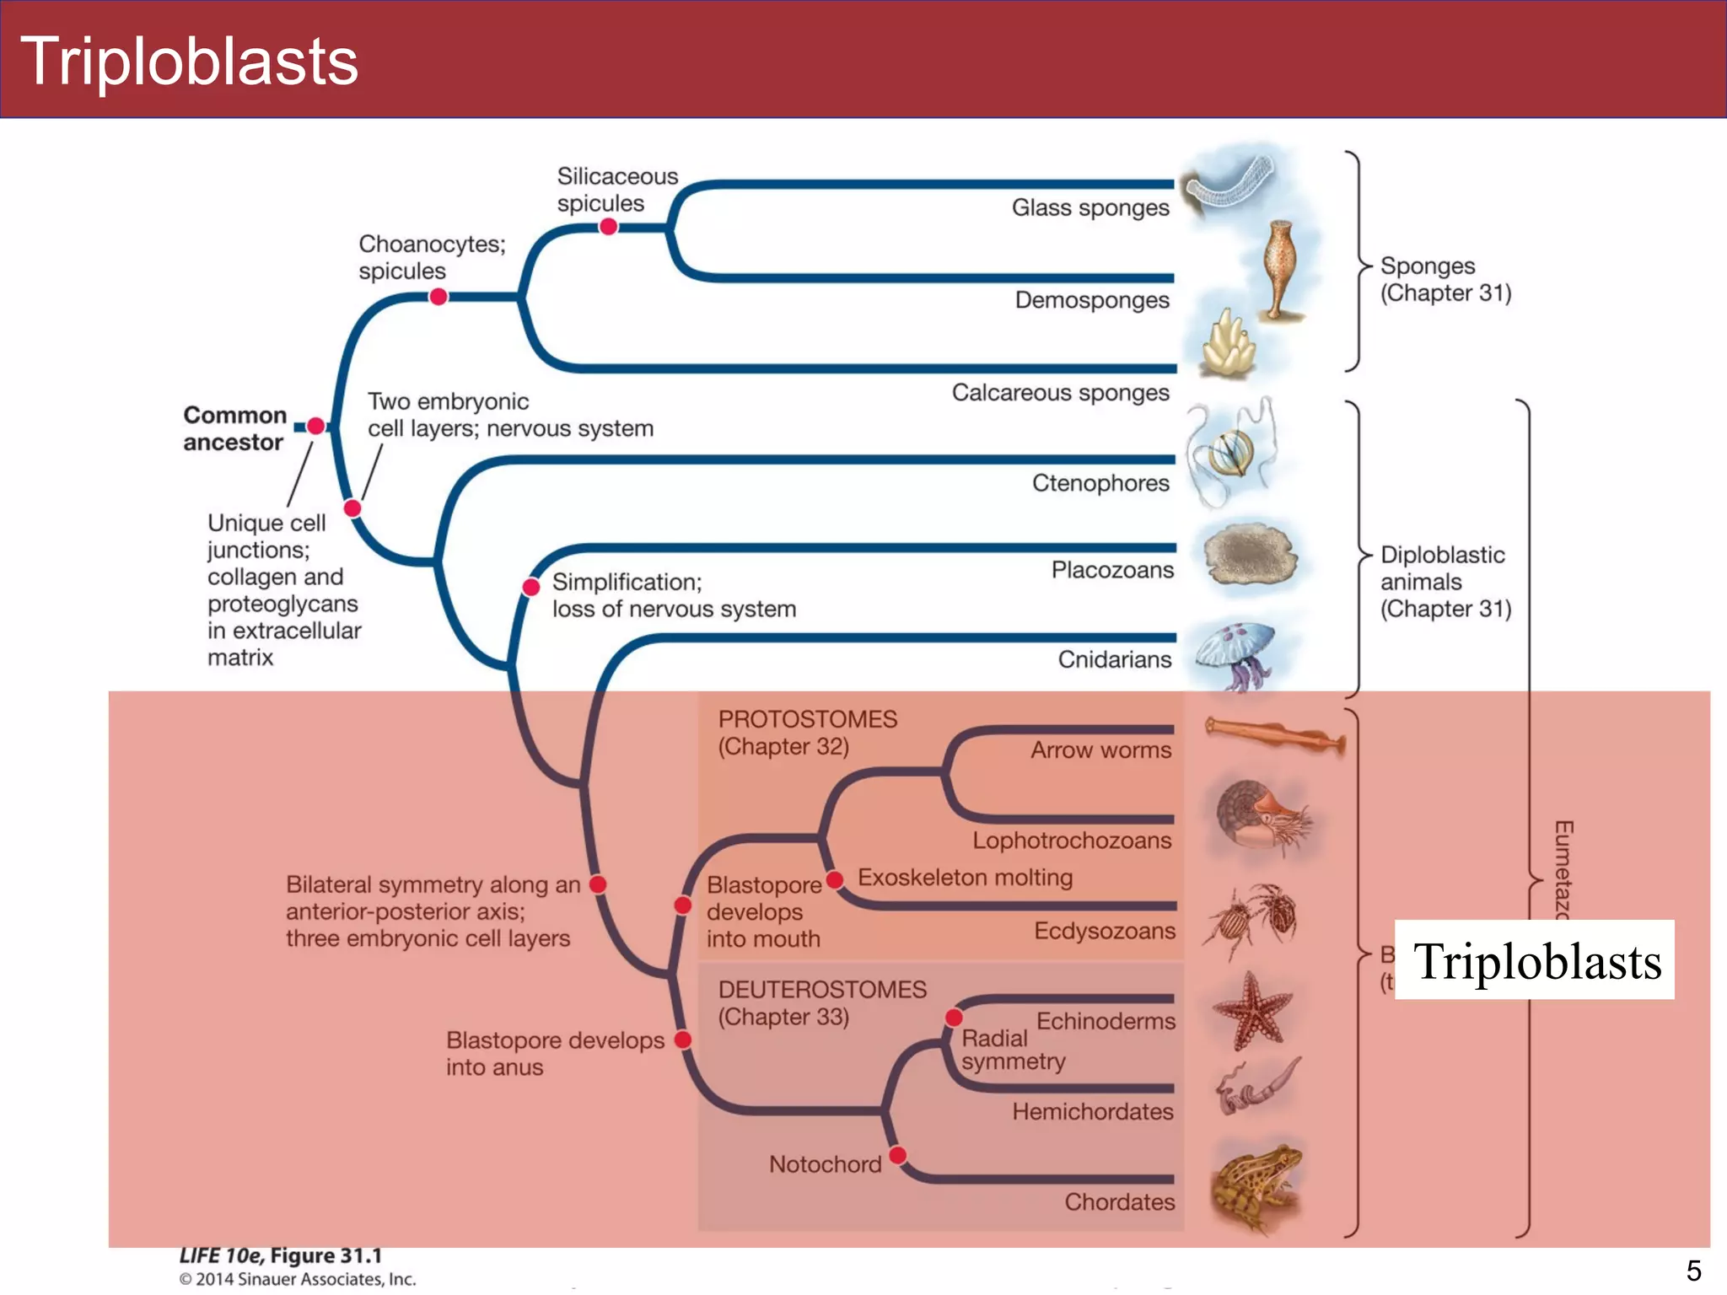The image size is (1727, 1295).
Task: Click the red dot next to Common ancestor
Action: [316, 426]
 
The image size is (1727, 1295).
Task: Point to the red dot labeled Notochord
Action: [898, 1154]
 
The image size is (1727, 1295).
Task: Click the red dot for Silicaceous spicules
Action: [608, 226]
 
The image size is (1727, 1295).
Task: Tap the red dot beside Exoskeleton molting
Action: [835, 880]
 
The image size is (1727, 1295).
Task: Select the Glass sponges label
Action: [1089, 207]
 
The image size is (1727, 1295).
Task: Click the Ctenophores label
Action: [1100, 483]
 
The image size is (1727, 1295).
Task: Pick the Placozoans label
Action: [1111, 570]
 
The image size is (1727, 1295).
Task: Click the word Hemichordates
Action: [1092, 1111]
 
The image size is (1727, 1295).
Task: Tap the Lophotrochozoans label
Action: [1071, 840]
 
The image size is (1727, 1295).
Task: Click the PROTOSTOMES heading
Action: [807, 719]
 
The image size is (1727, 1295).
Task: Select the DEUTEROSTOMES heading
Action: [821, 989]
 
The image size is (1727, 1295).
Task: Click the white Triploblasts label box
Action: [1534, 960]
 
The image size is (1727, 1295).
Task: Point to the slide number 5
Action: [1693, 1270]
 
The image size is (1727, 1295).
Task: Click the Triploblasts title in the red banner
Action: [190, 62]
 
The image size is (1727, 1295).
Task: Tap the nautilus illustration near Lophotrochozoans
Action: [1260, 815]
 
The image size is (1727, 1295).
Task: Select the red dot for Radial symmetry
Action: [954, 1017]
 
